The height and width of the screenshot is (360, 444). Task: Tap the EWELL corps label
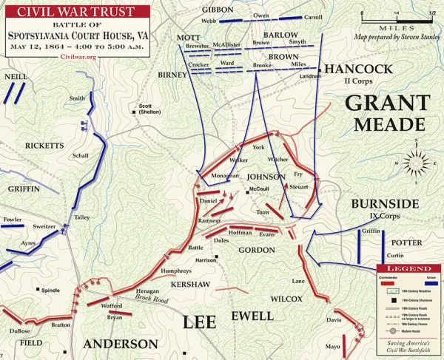[x=252, y=316]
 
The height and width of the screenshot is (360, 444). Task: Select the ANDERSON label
[x=120, y=344]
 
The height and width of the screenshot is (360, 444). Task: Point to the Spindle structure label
[x=50, y=291]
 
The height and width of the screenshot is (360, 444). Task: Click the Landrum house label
[x=310, y=76]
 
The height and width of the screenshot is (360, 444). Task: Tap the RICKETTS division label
[x=44, y=146]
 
